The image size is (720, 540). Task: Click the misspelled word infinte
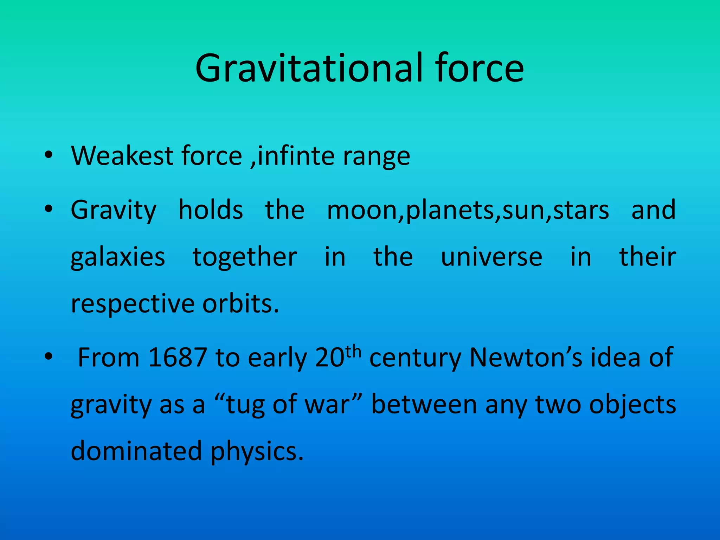[296, 156]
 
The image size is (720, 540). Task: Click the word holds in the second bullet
[211, 210]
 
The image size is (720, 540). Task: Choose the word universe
[491, 257]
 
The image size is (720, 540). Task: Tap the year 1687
[177, 358]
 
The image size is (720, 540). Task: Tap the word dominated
[136, 451]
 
